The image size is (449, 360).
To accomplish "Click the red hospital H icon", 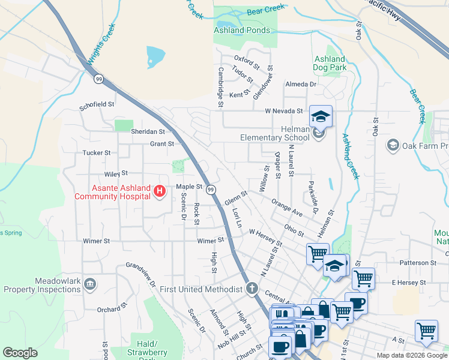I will [160, 191].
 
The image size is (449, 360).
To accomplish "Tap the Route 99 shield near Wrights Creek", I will [98, 78].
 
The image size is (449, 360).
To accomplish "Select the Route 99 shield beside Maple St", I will [211, 190].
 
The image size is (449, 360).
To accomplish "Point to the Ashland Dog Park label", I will [330, 64].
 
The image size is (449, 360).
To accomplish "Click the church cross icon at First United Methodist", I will [252, 289].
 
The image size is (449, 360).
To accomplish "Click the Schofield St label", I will [97, 104].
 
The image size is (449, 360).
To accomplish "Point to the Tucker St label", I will [97, 153].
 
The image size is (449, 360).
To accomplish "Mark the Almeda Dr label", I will [301, 84].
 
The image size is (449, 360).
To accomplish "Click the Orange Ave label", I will [286, 208].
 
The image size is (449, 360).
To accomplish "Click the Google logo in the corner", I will [20, 352].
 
